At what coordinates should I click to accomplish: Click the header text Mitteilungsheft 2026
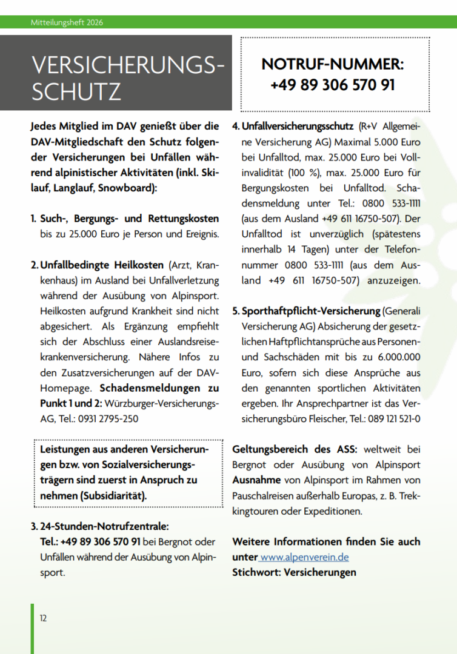point(67,22)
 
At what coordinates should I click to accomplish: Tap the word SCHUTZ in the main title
point(76,91)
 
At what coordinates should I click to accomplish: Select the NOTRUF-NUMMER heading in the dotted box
point(332,65)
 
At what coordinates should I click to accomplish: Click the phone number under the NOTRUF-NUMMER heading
point(332,85)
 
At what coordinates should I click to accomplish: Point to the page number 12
point(43,618)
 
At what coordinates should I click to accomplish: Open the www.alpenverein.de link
point(304,557)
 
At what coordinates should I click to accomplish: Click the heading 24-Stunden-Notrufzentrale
point(104,526)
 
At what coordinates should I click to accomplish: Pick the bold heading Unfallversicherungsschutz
point(298,127)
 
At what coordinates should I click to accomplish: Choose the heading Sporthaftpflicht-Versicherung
point(311,311)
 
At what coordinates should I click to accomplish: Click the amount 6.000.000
point(396,357)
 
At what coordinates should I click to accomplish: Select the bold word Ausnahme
point(256,480)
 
